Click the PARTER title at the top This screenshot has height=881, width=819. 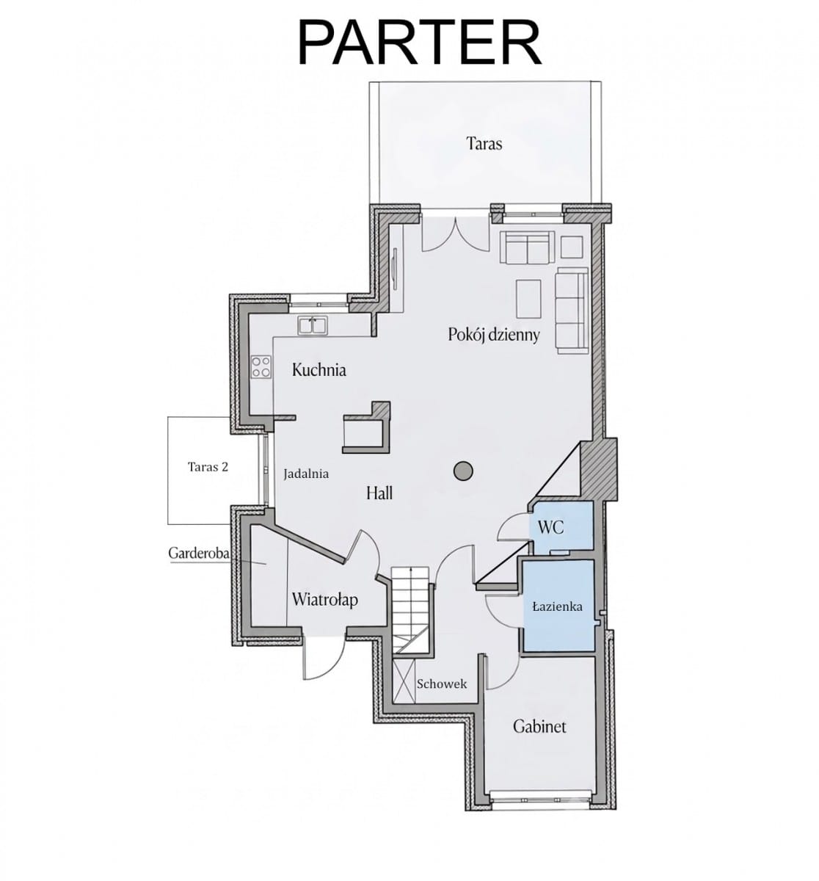[x=419, y=43]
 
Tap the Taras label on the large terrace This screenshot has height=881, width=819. [x=484, y=144]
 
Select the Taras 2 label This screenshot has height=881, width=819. [x=208, y=467]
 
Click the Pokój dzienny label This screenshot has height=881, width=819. [x=494, y=335]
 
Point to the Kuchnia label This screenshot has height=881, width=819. [x=318, y=369]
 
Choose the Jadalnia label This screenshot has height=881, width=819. [x=306, y=474]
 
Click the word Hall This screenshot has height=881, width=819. [x=379, y=493]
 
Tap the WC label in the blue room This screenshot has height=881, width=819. [x=550, y=527]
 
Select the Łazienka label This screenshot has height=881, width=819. [x=558, y=606]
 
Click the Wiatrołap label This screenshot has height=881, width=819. [x=324, y=601]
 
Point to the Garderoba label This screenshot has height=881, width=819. [x=199, y=553]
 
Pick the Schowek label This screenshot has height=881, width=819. [x=442, y=684]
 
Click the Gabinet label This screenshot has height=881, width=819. [x=539, y=726]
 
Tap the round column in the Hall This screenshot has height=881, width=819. [x=463, y=471]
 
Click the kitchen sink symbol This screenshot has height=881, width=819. [x=313, y=325]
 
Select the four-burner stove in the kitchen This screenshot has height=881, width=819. [x=261, y=366]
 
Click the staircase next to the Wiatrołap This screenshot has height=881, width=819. [x=411, y=609]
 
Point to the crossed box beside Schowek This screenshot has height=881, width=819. [x=404, y=681]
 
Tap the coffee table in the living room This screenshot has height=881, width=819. [x=528, y=299]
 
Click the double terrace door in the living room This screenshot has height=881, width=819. [x=456, y=234]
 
